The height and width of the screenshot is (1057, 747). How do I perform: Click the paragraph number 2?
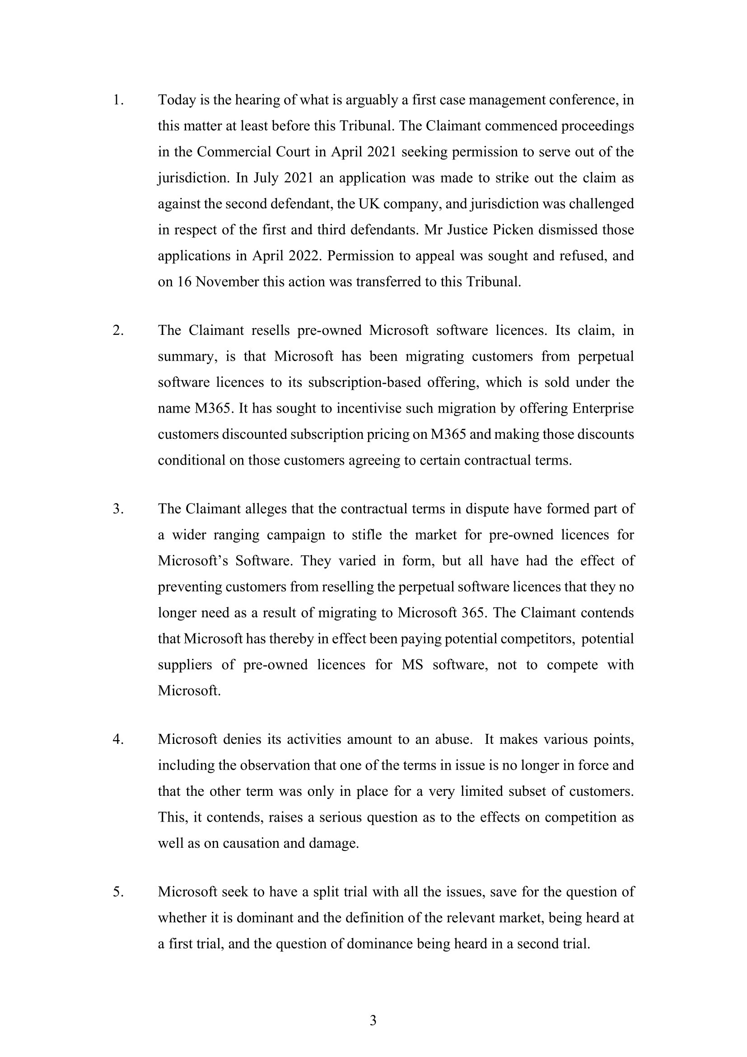[x=118, y=330]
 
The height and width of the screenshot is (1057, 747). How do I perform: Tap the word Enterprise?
[x=603, y=409]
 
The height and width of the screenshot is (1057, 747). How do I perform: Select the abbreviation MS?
[x=412, y=665]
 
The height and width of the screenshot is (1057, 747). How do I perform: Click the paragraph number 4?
[x=118, y=739]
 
